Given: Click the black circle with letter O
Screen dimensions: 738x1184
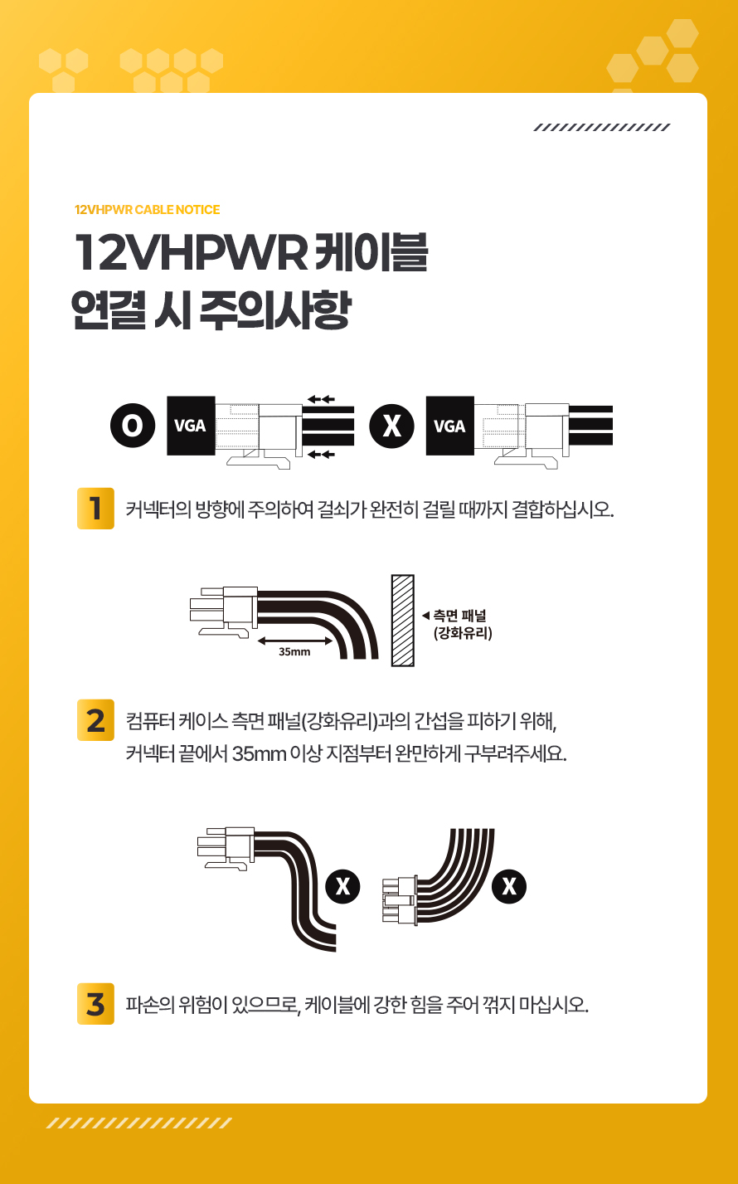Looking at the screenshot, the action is tap(133, 426).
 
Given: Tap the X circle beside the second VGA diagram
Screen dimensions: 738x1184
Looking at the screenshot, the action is tap(391, 426).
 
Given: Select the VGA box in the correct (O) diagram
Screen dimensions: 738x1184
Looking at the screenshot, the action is tap(191, 426).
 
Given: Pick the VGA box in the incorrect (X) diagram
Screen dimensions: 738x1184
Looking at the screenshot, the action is tap(449, 426).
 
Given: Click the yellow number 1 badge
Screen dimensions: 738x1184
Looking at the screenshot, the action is tap(95, 509).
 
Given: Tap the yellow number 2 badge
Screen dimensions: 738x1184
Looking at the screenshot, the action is tap(95, 720).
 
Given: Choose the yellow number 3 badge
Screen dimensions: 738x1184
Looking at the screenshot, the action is tap(95, 1004).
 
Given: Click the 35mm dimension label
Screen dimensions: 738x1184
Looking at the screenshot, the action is tap(294, 651).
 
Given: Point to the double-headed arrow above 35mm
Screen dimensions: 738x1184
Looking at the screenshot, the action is tap(294, 641).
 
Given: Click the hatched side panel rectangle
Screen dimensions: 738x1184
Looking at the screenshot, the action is tap(402, 621).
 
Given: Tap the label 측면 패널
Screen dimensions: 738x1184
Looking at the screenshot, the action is tap(459, 616).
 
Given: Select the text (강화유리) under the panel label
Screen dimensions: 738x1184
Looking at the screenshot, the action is tap(463, 633).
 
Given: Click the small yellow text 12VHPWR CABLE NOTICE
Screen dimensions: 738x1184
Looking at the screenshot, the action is tap(147, 210).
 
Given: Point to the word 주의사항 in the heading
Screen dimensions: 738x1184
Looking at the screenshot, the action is tap(274, 310).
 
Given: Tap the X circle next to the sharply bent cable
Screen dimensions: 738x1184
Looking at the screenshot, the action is tap(342, 886).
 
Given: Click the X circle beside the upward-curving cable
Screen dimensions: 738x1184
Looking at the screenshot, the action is tap(509, 886).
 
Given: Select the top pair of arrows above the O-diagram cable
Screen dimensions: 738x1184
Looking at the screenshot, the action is tap(321, 399).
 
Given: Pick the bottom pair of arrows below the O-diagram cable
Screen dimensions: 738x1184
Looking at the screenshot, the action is tap(321, 454).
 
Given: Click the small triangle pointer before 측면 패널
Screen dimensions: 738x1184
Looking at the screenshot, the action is tap(425, 616).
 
